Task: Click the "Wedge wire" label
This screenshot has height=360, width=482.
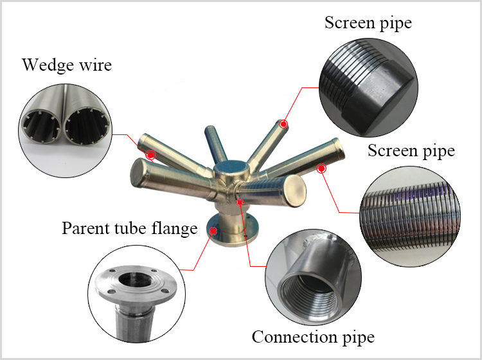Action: [67, 65]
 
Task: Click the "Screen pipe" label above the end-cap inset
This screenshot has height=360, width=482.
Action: [368, 23]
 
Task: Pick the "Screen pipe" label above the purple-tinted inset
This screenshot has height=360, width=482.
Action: [411, 151]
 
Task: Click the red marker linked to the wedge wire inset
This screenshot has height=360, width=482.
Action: [150, 155]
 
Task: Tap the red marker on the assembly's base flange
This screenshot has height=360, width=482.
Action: [213, 231]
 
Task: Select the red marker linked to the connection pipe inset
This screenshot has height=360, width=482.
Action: [240, 202]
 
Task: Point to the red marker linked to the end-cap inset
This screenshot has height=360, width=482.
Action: [283, 124]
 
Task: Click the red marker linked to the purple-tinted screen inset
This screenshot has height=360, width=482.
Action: [321, 168]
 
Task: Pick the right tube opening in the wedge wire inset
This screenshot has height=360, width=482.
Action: [87, 126]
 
